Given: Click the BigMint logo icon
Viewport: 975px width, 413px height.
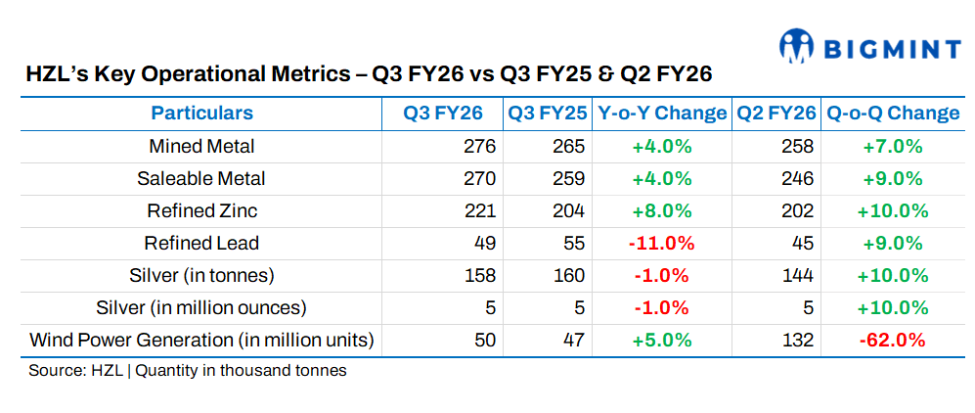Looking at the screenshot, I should pyautogui.click(x=798, y=45).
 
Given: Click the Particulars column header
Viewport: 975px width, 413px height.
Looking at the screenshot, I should pyautogui.click(x=201, y=114).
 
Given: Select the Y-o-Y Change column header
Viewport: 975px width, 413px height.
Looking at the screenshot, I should pyautogui.click(x=662, y=114).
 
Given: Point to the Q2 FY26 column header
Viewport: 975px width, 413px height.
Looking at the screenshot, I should pyautogui.click(x=776, y=114).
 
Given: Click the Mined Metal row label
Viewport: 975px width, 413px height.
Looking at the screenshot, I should pyautogui.click(x=201, y=147).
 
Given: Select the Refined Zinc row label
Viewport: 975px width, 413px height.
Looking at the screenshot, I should pyautogui.click(x=201, y=210).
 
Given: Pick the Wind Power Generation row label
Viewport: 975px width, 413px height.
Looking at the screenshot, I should pyautogui.click(x=201, y=340).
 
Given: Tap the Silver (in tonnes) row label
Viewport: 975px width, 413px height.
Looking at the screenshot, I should pyautogui.click(x=201, y=275).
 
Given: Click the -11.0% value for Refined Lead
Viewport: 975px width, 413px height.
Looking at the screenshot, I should pyautogui.click(x=662, y=243).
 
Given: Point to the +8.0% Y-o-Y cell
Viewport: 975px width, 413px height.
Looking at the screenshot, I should pyautogui.click(x=662, y=210).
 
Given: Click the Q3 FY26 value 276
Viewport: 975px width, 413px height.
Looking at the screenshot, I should pyautogui.click(x=479, y=147).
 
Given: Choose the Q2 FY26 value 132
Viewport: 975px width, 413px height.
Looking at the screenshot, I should pyautogui.click(x=798, y=340).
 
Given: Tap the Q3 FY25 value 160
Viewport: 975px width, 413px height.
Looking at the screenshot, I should pyautogui.click(x=568, y=275).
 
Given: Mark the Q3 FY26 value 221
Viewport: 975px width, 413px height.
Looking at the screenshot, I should pyautogui.click(x=479, y=210).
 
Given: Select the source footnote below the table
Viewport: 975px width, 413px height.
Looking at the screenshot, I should pyautogui.click(x=188, y=371).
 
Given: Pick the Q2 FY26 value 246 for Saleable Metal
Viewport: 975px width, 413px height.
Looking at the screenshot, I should pyautogui.click(x=798, y=179).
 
